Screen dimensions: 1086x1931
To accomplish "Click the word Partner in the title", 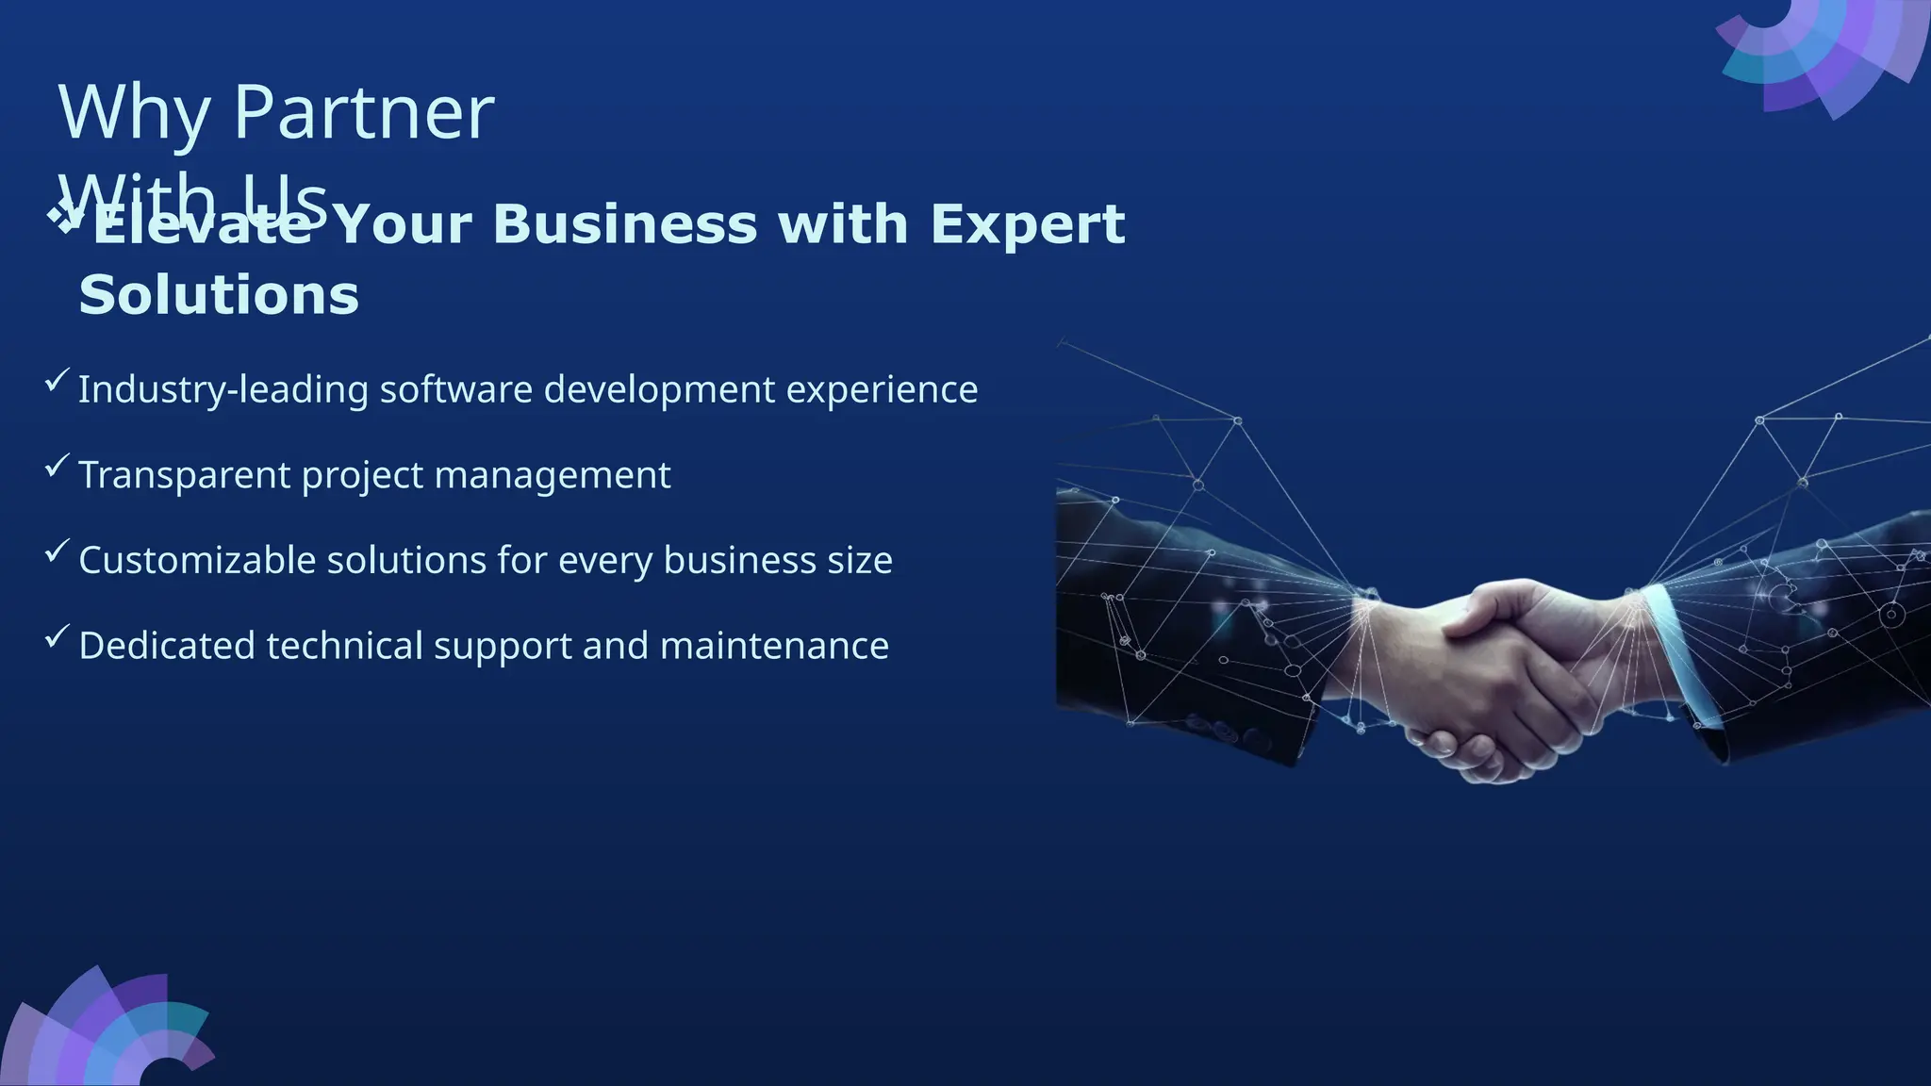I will point(363,113).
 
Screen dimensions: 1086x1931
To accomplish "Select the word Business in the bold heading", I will point(625,224).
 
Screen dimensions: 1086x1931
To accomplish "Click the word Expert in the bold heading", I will point(1028,226).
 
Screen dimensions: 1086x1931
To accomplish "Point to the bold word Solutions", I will point(219,295).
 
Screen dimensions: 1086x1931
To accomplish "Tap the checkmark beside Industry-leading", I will point(57,380).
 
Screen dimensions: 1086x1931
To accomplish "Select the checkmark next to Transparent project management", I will point(57,466).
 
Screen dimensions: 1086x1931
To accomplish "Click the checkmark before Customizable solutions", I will point(57,551).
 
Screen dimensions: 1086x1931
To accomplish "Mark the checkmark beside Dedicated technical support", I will point(57,636).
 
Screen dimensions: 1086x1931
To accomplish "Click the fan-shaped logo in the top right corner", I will point(1820,52).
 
